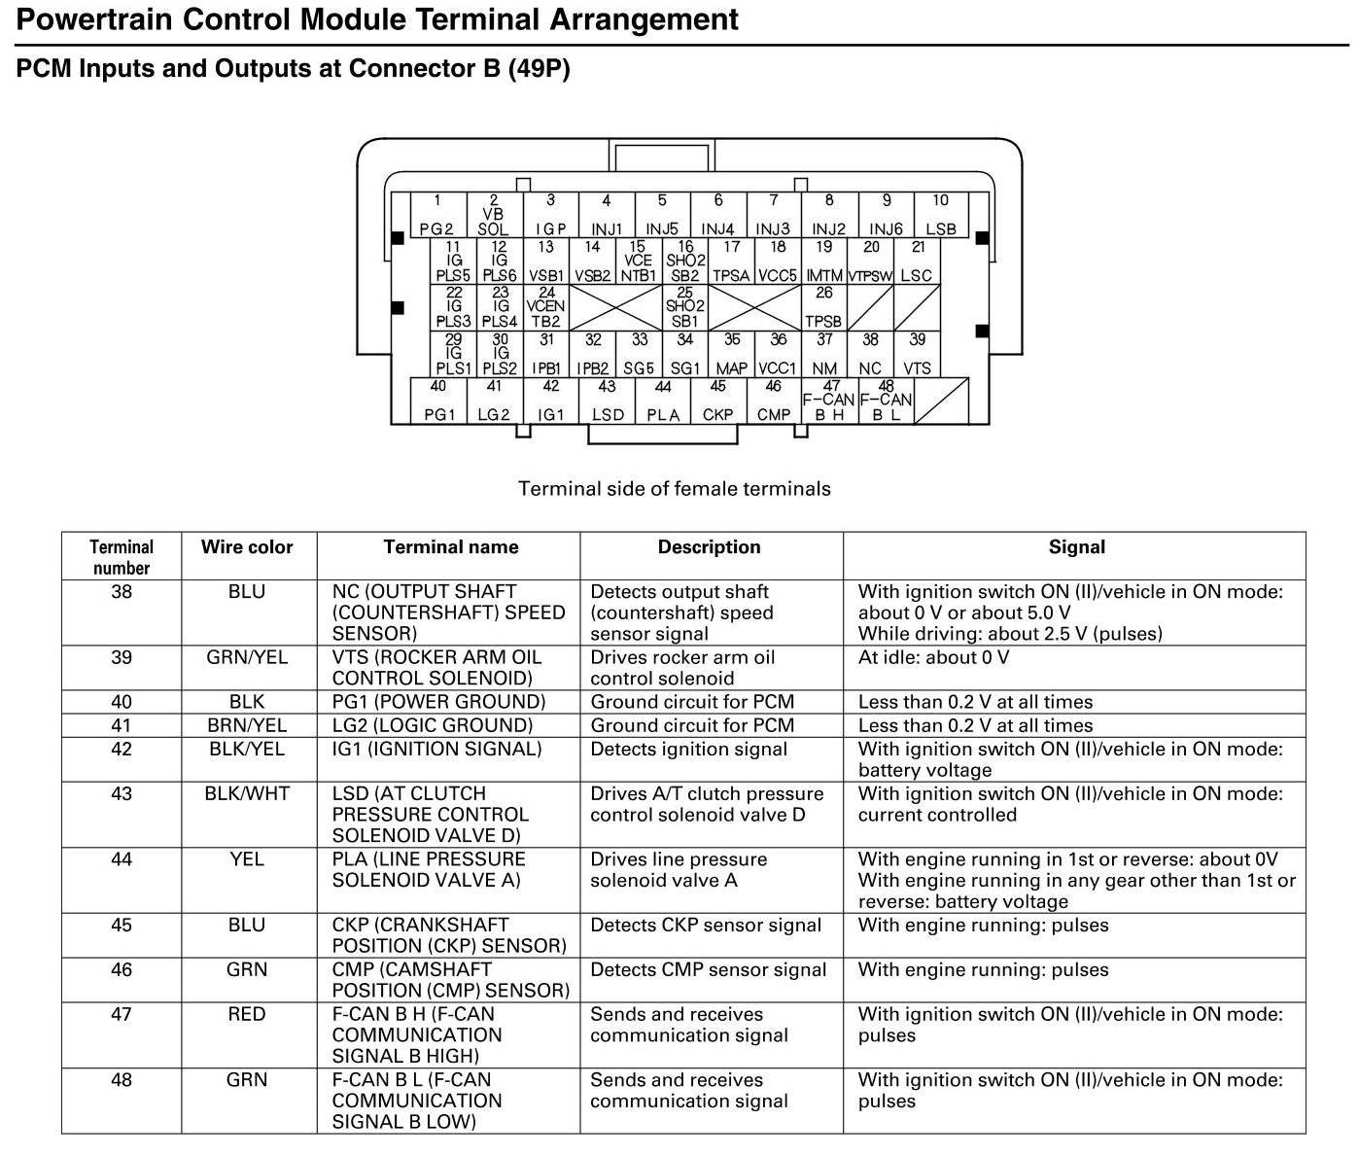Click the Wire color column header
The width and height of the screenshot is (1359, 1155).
point(246,547)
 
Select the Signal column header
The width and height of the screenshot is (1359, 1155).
point(1076,547)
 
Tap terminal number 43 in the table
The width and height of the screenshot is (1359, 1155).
point(122,793)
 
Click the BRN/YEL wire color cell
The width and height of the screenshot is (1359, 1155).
point(247,725)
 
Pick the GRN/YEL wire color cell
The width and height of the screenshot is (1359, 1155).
point(247,657)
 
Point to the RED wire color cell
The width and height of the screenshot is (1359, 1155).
point(247,1014)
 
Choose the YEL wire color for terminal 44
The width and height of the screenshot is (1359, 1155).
point(247,859)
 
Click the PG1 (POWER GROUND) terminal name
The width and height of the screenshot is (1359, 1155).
point(438,702)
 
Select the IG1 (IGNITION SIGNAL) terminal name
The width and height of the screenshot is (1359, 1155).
point(436,749)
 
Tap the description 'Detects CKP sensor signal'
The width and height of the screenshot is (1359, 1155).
point(706,925)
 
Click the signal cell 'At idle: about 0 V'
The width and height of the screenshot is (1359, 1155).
point(933,657)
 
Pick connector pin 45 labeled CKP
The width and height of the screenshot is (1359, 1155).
point(717,402)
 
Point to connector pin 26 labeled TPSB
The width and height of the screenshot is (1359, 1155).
point(823,307)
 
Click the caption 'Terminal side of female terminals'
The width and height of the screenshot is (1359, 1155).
point(674,488)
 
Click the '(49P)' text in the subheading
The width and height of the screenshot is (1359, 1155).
point(539,69)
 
